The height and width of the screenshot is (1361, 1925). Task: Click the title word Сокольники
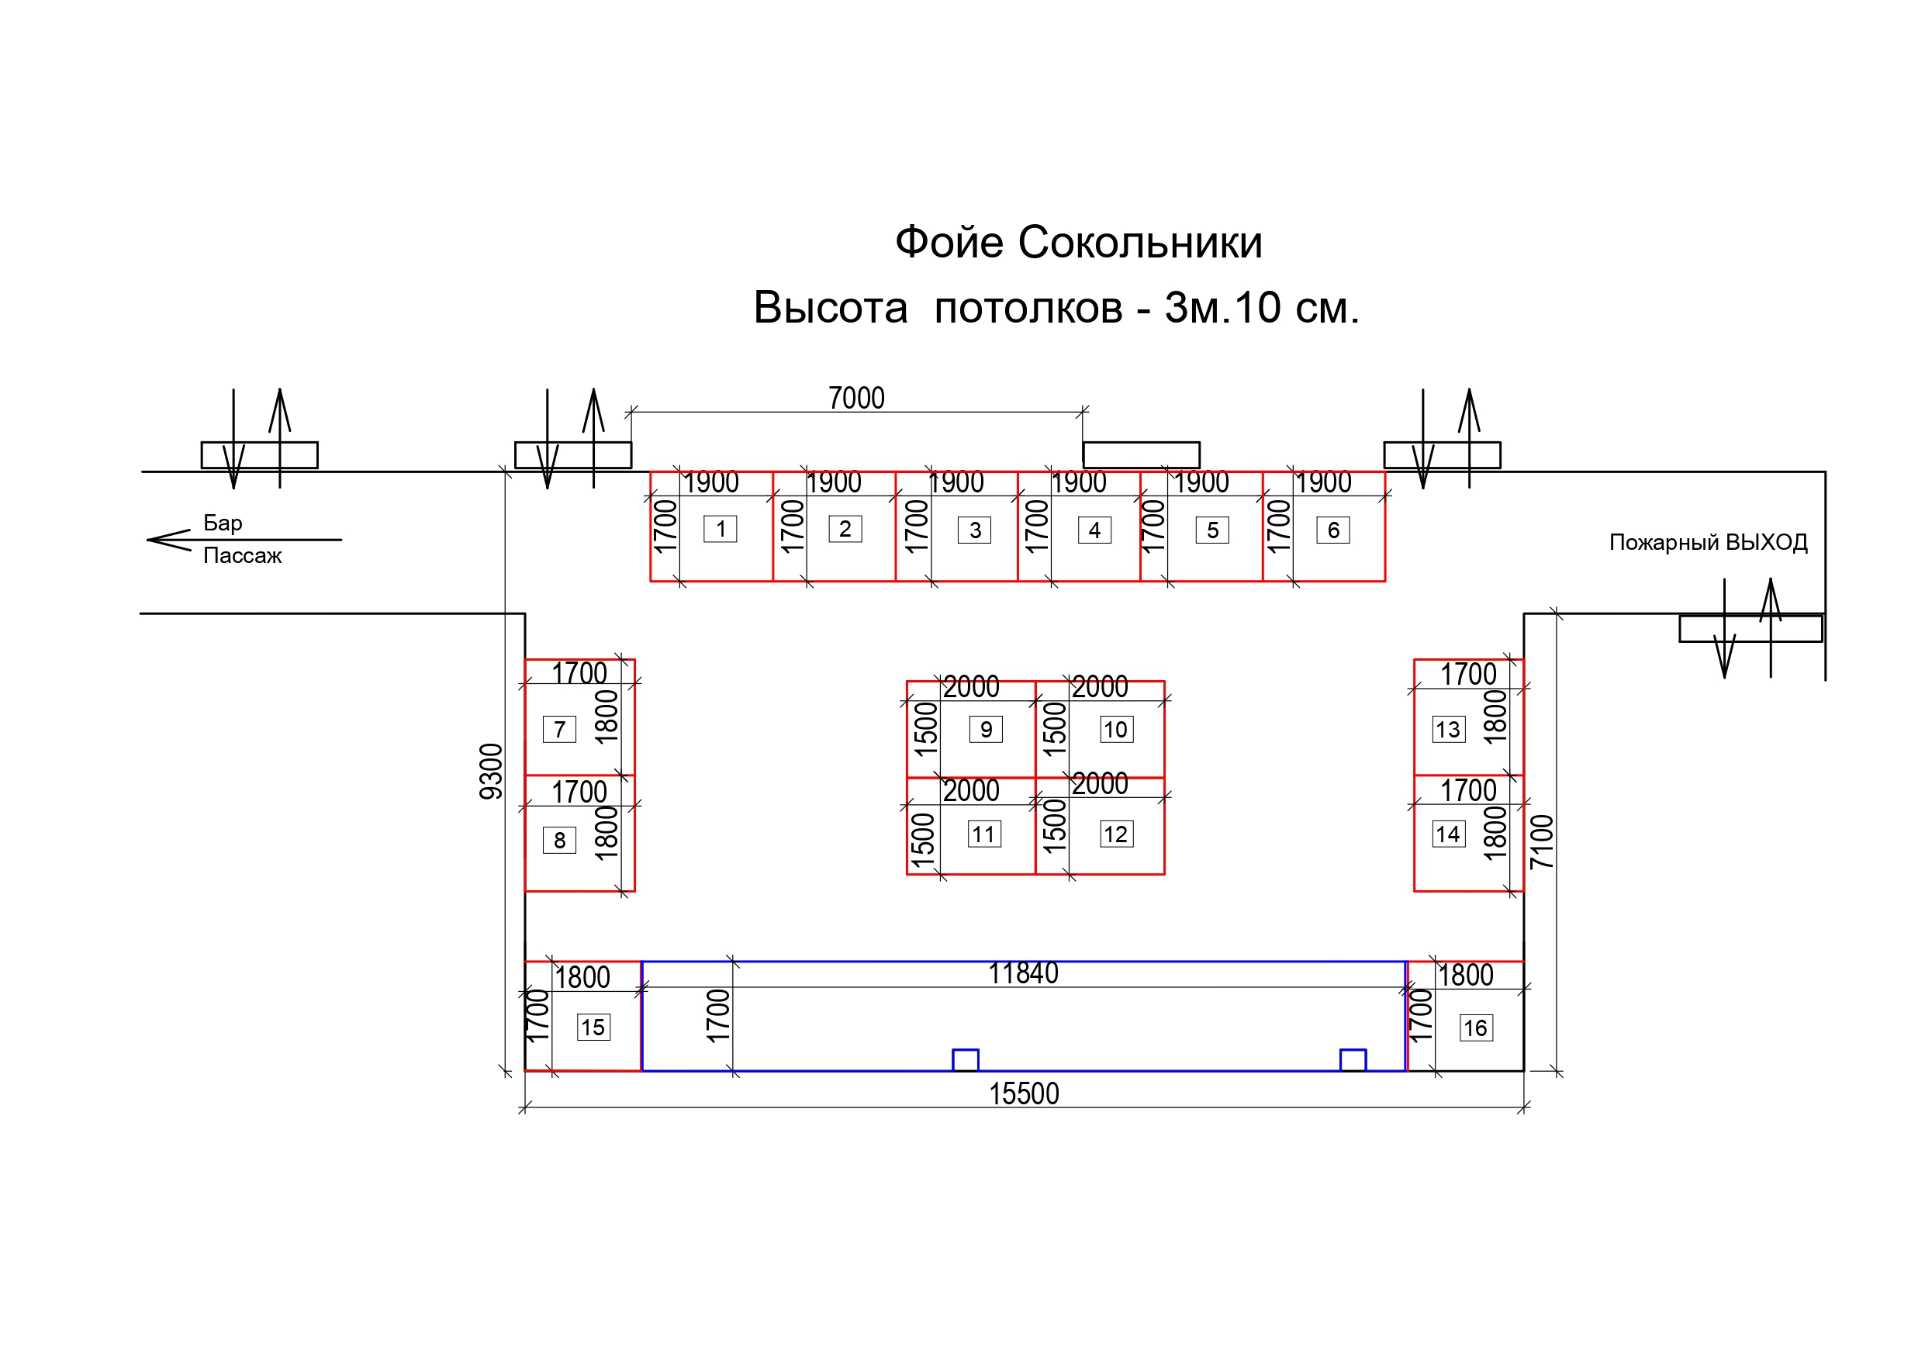(x=1139, y=244)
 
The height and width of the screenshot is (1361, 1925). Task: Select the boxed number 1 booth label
(x=721, y=529)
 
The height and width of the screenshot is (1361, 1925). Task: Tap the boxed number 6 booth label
(x=1333, y=530)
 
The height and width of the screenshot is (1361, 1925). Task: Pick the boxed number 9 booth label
(x=986, y=730)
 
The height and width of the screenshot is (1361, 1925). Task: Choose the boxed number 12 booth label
(x=1117, y=834)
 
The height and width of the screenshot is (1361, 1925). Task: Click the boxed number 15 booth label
(x=593, y=1028)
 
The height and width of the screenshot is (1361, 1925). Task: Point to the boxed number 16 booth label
(x=1476, y=1028)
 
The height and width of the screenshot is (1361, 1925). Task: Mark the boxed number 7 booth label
(x=559, y=730)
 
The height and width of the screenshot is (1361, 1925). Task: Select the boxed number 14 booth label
(x=1449, y=834)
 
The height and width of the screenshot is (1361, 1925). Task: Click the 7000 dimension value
(x=856, y=399)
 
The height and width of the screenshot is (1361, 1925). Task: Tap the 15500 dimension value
(x=1024, y=1094)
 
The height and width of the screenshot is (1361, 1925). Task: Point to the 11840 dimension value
(x=1023, y=973)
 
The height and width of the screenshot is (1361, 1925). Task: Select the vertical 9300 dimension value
(x=491, y=772)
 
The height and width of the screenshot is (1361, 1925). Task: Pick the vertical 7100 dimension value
(x=1542, y=842)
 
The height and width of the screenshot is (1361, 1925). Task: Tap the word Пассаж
(x=242, y=556)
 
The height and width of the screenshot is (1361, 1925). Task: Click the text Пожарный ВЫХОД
(x=1708, y=543)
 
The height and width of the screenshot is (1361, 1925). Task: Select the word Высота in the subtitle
(x=830, y=308)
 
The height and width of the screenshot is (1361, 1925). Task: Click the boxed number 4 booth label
(x=1094, y=530)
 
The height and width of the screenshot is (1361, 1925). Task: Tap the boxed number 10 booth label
(x=1117, y=730)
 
